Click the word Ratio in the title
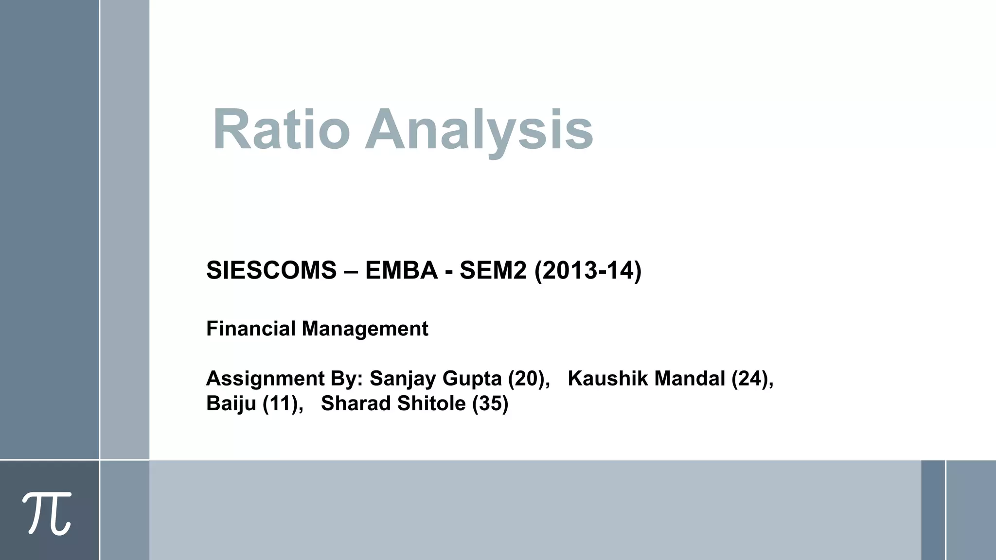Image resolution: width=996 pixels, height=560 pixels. pyautogui.click(x=281, y=130)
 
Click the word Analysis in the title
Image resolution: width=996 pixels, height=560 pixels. pyautogui.click(x=479, y=130)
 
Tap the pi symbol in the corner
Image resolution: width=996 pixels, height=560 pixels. pyautogui.click(x=47, y=513)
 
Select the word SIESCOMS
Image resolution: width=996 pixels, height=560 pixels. pyautogui.click(x=271, y=270)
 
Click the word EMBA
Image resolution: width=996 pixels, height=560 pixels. pyautogui.click(x=401, y=270)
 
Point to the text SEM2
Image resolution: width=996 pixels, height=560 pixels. pyautogui.click(x=493, y=270)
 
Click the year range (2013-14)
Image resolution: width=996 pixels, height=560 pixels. pyautogui.click(x=588, y=270)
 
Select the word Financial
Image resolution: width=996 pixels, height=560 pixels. pyautogui.click(x=250, y=329)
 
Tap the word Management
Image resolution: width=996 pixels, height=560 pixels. pyautogui.click(x=365, y=329)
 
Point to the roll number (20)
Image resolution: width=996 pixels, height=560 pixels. pyautogui.click(x=527, y=378)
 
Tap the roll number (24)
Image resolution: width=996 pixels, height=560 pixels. pyautogui.click(x=751, y=378)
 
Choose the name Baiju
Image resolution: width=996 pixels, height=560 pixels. pyautogui.click(x=231, y=403)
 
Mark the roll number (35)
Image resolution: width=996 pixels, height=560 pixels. pyautogui.click(x=490, y=403)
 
